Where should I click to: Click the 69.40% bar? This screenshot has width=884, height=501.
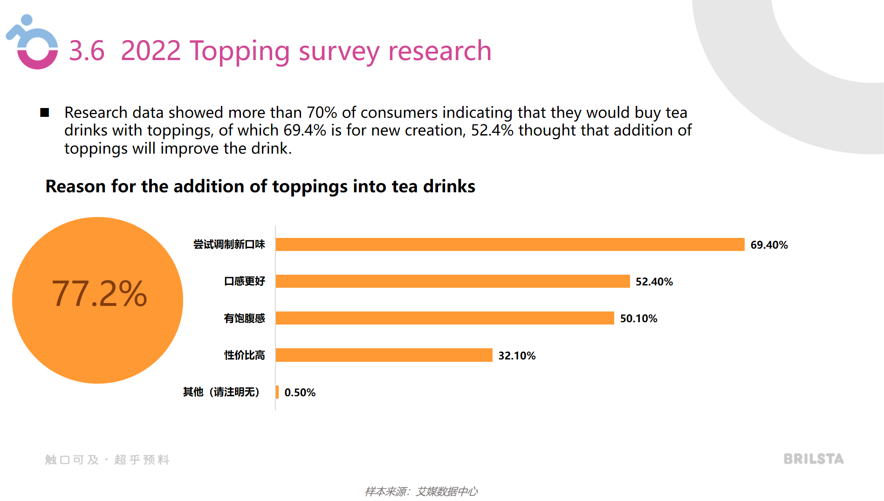click(x=510, y=244)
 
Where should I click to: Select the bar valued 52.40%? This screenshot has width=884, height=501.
click(x=452, y=281)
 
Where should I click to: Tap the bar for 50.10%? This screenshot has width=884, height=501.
click(x=445, y=318)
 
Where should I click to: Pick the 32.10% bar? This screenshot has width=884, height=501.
click(x=384, y=355)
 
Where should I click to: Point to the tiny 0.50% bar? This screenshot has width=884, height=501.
click(x=277, y=392)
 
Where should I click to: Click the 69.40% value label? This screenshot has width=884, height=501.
click(x=769, y=245)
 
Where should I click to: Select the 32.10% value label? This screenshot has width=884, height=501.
click(x=517, y=356)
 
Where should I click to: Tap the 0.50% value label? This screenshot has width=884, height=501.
click(x=300, y=393)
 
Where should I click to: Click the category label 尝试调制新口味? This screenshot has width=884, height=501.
click(x=229, y=244)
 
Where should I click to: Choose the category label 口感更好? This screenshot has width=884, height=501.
click(x=244, y=281)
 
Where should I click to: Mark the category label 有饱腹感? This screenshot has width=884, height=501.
click(x=244, y=318)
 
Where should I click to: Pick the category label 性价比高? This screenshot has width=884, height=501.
click(x=244, y=355)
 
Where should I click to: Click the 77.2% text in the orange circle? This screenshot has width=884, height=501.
click(x=99, y=294)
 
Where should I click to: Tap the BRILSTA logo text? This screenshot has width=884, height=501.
click(x=813, y=459)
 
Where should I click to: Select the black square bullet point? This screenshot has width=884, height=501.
click(x=45, y=113)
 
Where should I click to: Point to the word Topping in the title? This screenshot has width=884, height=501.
click(x=240, y=51)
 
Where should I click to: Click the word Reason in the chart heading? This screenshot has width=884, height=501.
click(x=75, y=186)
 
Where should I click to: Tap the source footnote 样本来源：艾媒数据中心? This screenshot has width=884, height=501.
click(x=421, y=492)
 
